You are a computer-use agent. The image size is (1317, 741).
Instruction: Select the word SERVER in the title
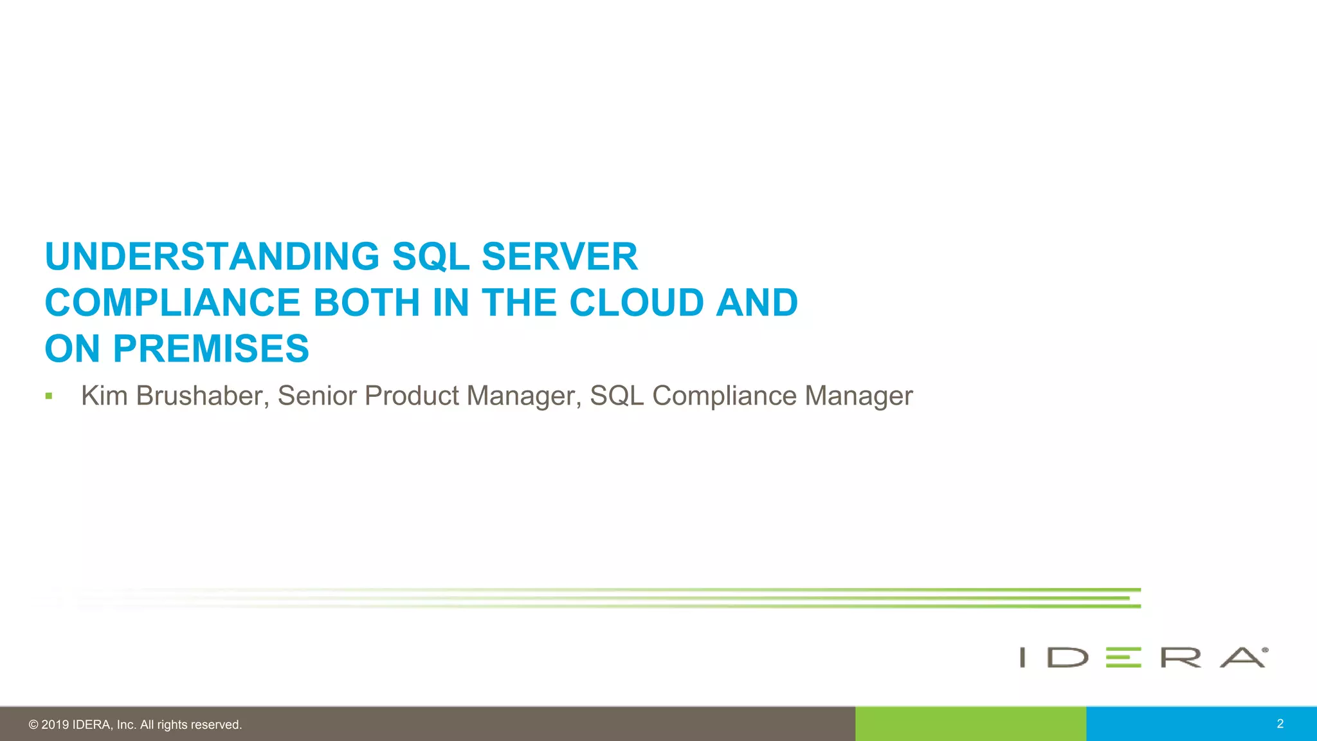(x=559, y=257)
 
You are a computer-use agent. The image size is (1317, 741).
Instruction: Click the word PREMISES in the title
(x=211, y=349)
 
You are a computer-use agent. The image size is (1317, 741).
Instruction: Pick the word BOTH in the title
(x=366, y=302)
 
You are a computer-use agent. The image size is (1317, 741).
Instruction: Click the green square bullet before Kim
(x=49, y=396)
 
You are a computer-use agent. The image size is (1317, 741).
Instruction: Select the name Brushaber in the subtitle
(x=203, y=396)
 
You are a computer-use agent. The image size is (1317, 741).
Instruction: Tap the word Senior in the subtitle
(x=316, y=396)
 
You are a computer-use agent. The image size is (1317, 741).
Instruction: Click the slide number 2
(x=1280, y=724)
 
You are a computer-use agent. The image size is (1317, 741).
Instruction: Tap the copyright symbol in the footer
(x=33, y=725)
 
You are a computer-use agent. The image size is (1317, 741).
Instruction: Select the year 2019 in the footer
(x=55, y=725)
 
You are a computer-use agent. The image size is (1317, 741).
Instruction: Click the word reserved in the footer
(x=217, y=725)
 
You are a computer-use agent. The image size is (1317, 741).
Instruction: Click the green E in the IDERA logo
(x=1123, y=657)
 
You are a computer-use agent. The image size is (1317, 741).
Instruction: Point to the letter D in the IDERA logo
(x=1067, y=657)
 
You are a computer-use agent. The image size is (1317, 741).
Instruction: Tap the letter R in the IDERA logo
(x=1181, y=657)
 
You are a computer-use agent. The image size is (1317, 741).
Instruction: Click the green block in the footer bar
(x=970, y=724)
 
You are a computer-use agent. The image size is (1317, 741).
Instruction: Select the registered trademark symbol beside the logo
(x=1265, y=650)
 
